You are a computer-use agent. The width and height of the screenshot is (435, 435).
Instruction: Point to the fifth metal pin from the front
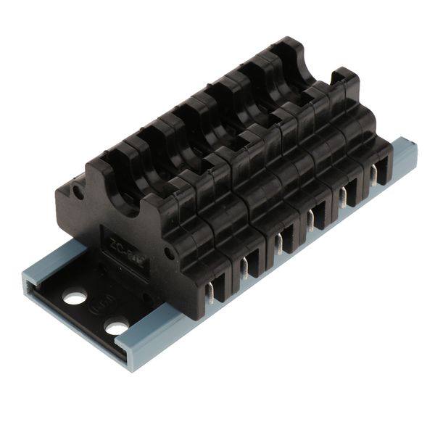(341, 196)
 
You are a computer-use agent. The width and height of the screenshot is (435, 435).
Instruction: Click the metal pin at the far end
(373, 174)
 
